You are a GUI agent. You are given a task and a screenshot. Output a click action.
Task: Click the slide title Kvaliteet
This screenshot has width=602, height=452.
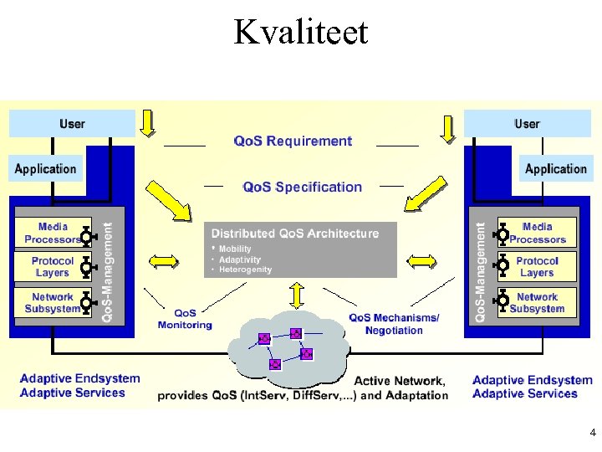tap(301, 32)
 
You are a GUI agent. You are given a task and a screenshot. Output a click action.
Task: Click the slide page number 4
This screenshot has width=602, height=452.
tap(592, 433)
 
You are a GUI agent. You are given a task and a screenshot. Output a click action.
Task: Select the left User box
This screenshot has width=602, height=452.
tap(72, 124)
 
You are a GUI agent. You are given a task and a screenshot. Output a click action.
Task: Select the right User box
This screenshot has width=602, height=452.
tap(527, 124)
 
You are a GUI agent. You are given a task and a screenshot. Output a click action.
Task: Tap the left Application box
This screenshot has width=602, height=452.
tap(46, 168)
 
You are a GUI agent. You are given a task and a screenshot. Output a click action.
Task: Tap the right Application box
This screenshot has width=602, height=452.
tap(555, 168)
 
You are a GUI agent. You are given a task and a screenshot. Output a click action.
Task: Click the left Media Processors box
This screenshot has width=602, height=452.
tap(53, 233)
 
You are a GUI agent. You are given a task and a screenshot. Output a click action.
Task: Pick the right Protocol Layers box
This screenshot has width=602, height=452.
tap(537, 267)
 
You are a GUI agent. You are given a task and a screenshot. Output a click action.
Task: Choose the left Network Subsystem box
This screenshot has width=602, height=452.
tap(53, 302)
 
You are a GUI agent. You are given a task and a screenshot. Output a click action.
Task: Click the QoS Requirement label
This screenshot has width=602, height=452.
tap(293, 141)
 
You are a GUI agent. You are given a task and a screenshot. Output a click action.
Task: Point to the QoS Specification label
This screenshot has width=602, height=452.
tap(302, 187)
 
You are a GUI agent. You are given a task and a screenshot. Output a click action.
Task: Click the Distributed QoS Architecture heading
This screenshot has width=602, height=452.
tap(294, 234)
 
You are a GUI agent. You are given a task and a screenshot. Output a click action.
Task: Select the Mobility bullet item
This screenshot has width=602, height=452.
tap(235, 249)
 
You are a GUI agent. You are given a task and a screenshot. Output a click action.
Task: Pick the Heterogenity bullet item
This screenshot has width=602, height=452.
tap(245, 270)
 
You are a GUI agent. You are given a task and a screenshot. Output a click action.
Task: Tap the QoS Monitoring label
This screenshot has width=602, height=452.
tap(185, 319)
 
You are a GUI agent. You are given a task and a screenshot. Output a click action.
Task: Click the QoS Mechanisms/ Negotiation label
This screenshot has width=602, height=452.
tap(394, 324)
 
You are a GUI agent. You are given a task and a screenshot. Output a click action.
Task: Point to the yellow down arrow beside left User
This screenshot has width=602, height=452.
tap(147, 124)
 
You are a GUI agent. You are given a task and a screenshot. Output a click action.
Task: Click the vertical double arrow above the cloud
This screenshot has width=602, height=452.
tap(296, 295)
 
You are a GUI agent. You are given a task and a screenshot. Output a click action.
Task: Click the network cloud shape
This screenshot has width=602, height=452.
tap(288, 347)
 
